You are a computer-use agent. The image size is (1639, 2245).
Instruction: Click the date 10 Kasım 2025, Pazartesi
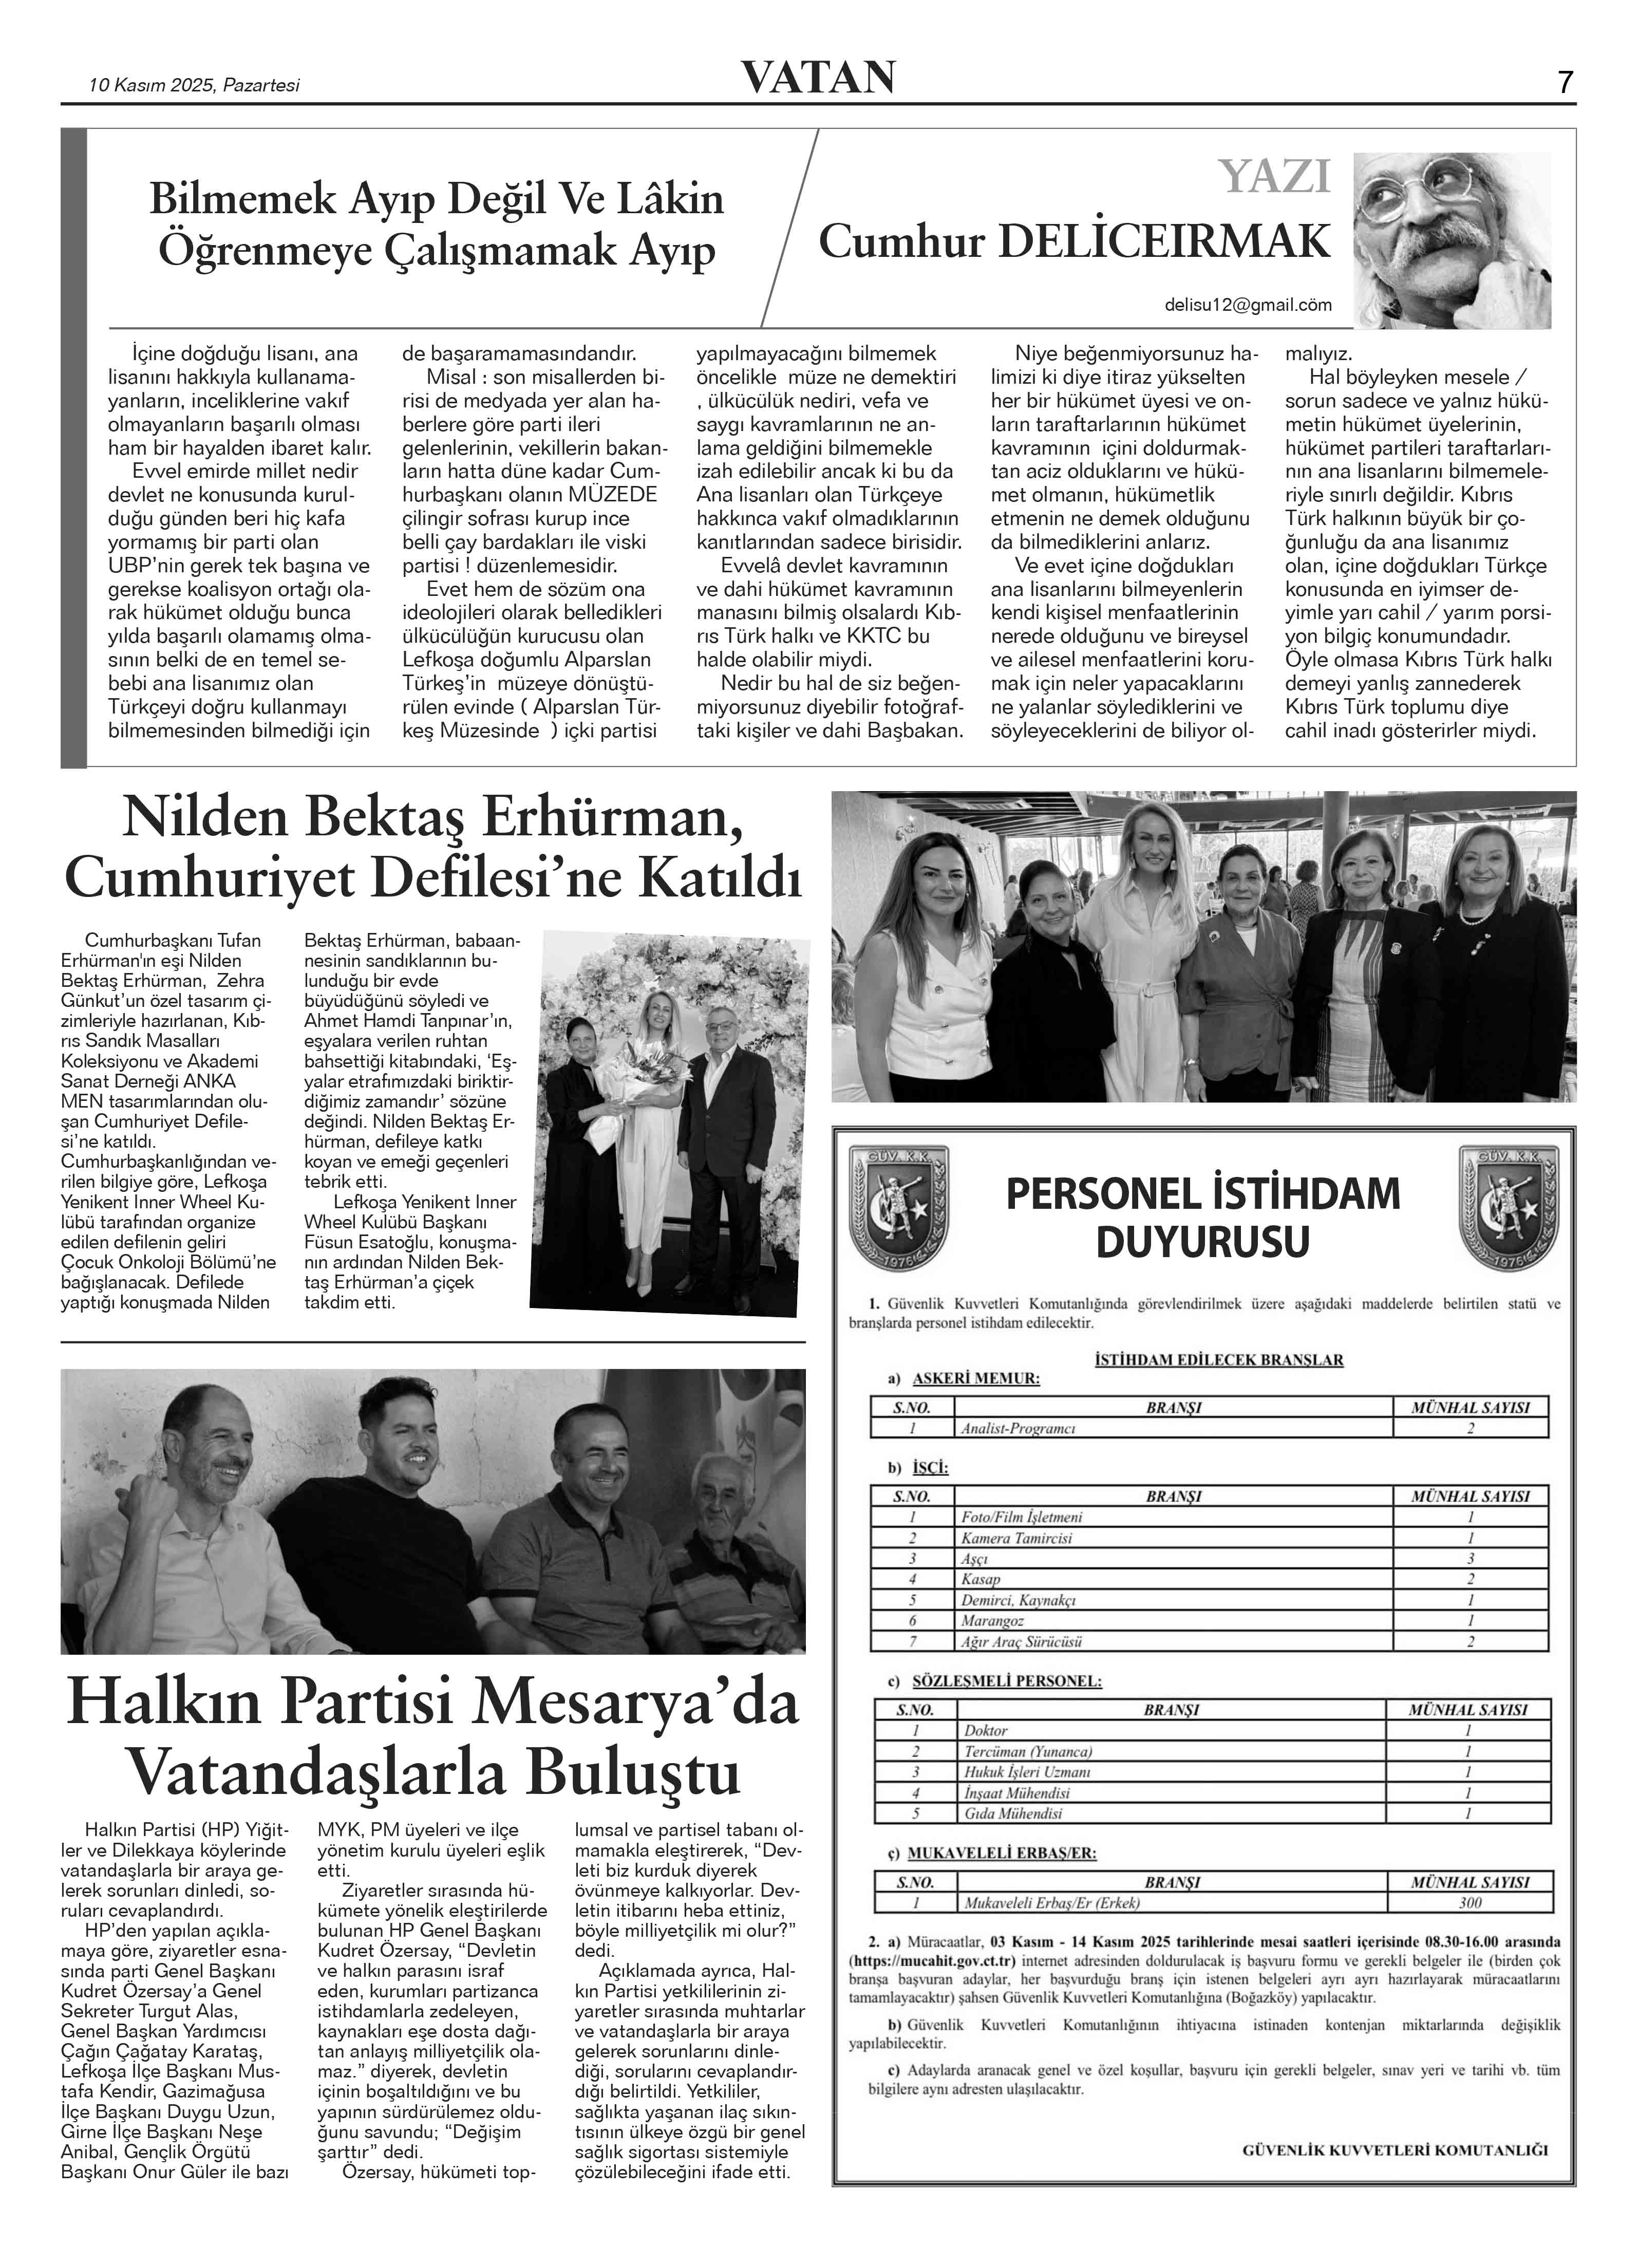pyautogui.click(x=195, y=85)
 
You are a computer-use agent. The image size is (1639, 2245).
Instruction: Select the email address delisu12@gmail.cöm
pyautogui.click(x=1248, y=306)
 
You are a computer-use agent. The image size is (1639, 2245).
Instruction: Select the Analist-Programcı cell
pyautogui.click(x=1018, y=1429)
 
